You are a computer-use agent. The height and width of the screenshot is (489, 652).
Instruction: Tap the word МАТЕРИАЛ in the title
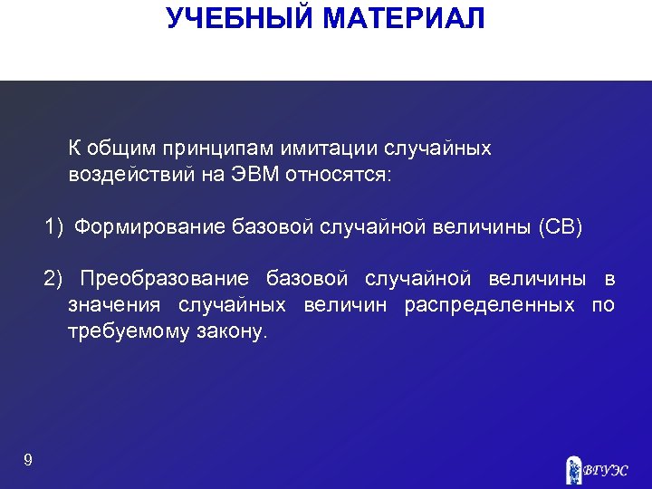coord(407,17)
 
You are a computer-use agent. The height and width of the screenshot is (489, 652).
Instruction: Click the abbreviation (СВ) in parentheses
coord(560,226)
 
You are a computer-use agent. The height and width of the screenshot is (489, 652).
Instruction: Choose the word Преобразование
coord(164,278)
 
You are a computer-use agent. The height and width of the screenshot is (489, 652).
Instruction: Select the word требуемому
coord(122,331)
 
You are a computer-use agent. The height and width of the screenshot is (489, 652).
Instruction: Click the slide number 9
coord(28,461)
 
